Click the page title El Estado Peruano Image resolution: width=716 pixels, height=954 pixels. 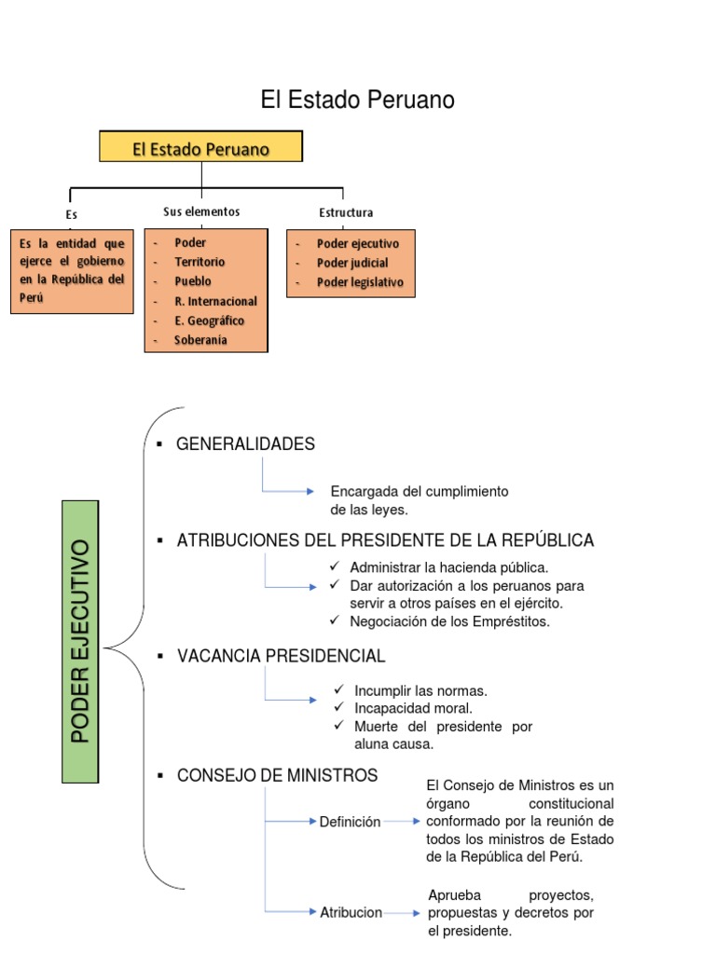[357, 101]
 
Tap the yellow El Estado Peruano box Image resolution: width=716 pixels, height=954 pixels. [201, 149]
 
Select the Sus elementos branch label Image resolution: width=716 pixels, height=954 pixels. [201, 211]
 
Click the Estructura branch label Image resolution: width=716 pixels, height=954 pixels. [346, 212]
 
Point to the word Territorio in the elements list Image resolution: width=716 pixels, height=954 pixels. [200, 262]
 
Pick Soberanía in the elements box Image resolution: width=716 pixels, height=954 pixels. [200, 340]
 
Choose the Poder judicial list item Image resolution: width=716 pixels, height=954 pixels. [352, 263]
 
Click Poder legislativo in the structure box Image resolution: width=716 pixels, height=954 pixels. [360, 282]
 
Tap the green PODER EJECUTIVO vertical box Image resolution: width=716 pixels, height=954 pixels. [80, 641]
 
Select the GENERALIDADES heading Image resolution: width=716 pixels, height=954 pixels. [246, 444]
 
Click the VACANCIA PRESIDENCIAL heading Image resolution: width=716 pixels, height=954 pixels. [281, 657]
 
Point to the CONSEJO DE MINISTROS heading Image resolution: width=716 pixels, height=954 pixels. [278, 775]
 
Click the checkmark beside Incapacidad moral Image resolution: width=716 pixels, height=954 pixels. [339, 708]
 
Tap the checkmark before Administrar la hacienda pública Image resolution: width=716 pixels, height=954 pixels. [335, 567]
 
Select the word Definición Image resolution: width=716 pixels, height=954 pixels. [350, 822]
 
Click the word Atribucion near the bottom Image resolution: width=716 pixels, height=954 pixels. [351, 912]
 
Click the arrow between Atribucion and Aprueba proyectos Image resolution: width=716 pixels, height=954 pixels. [403, 913]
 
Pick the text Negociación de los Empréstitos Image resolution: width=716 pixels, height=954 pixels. [450, 621]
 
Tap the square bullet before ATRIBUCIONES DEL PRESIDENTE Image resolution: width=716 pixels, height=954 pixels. [160, 541]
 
